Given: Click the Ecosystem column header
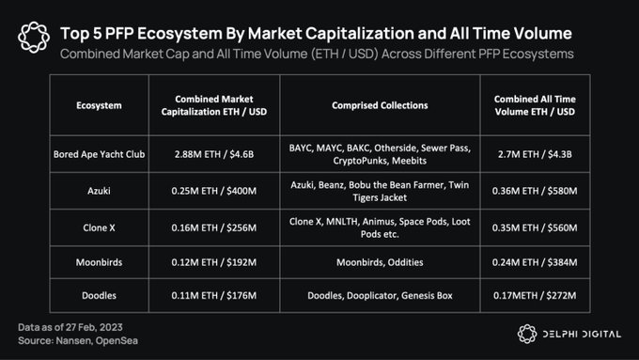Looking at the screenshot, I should click(99, 105).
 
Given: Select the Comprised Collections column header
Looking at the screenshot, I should click(381, 105).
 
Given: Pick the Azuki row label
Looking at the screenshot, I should click(99, 193).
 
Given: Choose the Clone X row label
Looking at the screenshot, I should click(99, 227).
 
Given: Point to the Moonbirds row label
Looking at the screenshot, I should click(99, 262).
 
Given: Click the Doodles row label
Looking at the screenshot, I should click(99, 295).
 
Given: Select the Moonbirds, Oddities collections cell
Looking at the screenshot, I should click(381, 262).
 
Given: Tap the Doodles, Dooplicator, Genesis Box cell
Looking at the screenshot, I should click(381, 295).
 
